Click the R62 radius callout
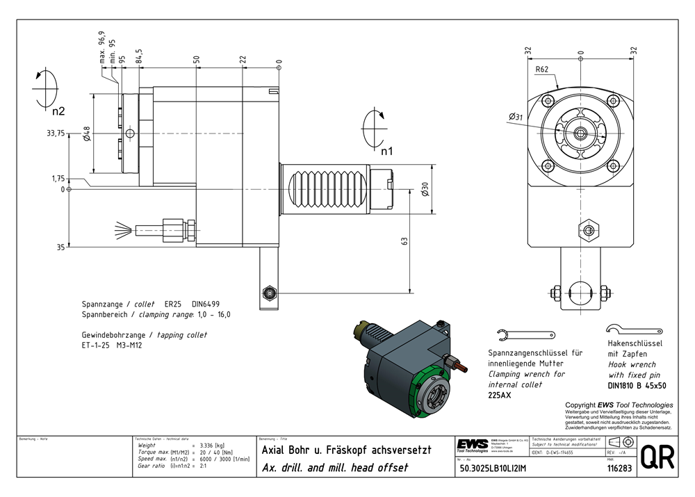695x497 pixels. click(543, 70)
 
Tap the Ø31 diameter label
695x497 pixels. click(516, 117)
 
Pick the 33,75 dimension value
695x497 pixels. click(56, 134)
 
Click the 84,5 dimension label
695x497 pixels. click(139, 56)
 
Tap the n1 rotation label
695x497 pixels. click(386, 150)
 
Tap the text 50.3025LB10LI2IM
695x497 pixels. click(496, 469)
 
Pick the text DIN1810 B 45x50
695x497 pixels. click(637, 385)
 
